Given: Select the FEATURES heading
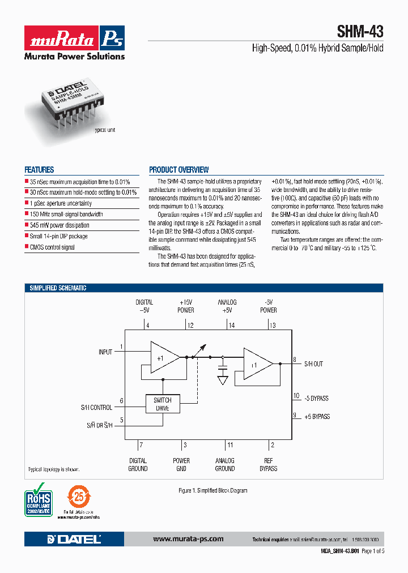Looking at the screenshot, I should pyautogui.click(x=39, y=170).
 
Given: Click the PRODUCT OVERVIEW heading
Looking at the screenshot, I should pyautogui.click(x=178, y=170).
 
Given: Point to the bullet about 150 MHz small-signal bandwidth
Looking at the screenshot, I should pyautogui.click(x=66, y=215).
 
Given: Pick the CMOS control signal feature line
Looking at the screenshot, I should pyautogui.click(x=52, y=247).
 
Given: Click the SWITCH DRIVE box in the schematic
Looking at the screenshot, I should pyautogui.click(x=163, y=404).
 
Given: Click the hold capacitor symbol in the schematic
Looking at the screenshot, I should pyautogui.click(x=223, y=374).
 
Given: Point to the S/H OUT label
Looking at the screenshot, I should pyautogui.click(x=313, y=364).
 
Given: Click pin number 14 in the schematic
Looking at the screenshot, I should pyautogui.click(x=231, y=326).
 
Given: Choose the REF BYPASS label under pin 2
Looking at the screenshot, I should pyautogui.click(x=269, y=465).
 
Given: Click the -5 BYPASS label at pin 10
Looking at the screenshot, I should pyautogui.click(x=316, y=399).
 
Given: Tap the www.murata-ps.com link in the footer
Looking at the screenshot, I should pyautogui.click(x=188, y=539).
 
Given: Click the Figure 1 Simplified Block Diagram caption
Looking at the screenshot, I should pyautogui.click(x=212, y=490).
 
